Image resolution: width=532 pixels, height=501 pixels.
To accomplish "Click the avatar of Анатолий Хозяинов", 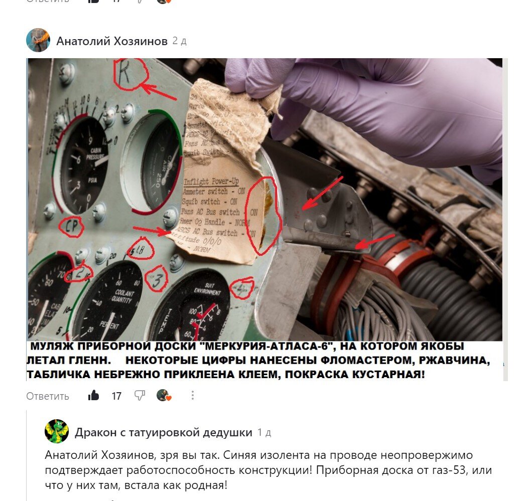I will point(38,41).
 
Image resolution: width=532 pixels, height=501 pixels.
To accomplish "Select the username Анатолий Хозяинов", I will point(111,41).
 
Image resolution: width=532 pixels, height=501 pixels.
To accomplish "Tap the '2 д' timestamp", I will point(179,41).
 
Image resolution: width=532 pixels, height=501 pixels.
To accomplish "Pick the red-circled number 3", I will point(157,280).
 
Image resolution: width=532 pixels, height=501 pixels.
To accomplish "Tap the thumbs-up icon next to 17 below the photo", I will point(93,396).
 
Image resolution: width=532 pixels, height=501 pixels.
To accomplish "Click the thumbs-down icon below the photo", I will point(140,396).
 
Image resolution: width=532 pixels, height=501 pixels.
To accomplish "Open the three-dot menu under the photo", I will point(192,396).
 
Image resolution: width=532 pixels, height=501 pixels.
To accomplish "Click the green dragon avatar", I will point(57,432).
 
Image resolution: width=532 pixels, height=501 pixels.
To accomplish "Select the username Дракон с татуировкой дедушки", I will point(163,432).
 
